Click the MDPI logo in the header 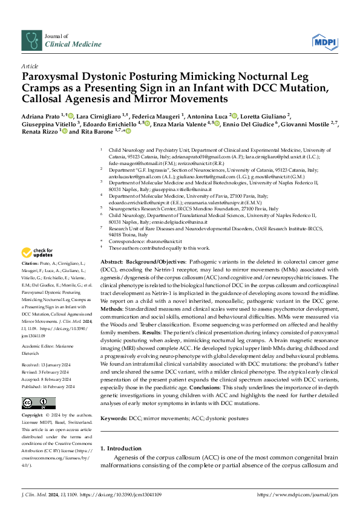pyautogui.click(x=324, y=41)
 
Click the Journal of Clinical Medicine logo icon pyautogui.click(x=30, y=41)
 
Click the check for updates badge pyautogui.click(x=38, y=270)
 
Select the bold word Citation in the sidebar pyautogui.click(x=30, y=282)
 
